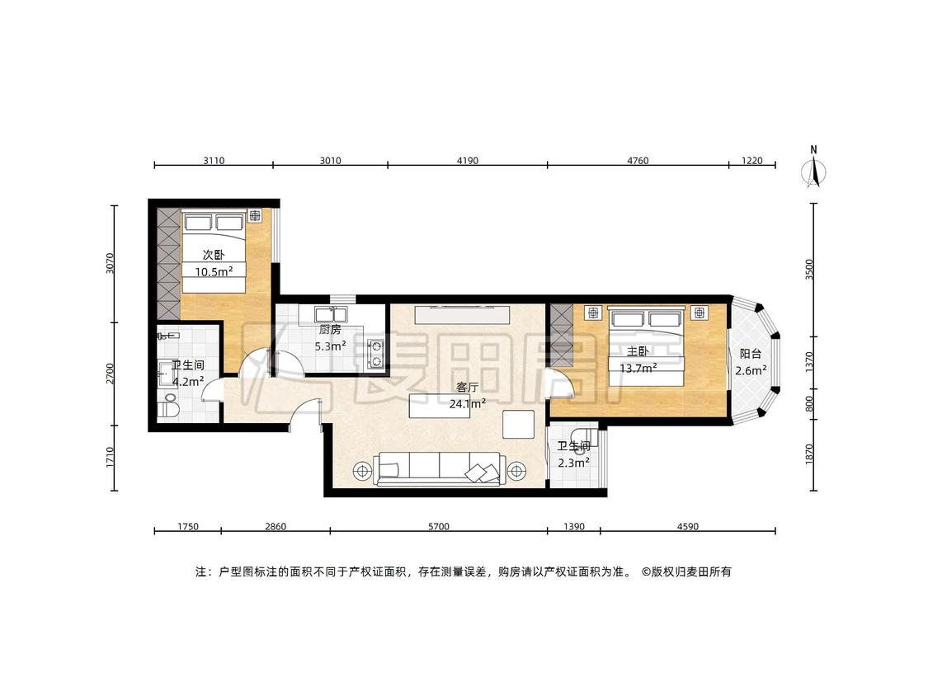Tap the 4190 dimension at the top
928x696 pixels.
[468, 160]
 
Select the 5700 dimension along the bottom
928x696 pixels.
[439, 526]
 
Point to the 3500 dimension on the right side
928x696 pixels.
[810, 270]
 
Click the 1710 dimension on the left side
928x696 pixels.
[110, 458]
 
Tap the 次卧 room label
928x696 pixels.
[214, 255]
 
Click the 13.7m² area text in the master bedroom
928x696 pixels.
[638, 368]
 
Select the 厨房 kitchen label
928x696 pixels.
[330, 330]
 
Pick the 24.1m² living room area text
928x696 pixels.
[468, 403]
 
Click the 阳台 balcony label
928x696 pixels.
[751, 354]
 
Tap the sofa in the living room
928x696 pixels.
[439, 469]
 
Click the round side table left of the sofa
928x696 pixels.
[360, 471]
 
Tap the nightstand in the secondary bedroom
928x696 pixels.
[255, 216]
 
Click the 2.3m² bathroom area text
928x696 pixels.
[573, 463]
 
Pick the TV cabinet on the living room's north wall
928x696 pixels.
[462, 314]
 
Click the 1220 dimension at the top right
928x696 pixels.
[752, 160]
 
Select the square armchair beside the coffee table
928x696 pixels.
[519, 424]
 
